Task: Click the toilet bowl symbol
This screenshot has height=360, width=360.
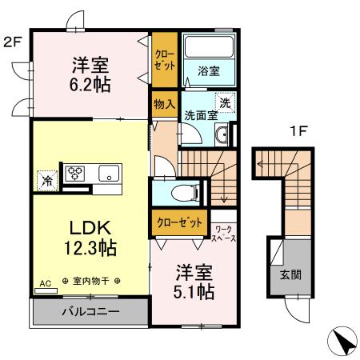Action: [184, 193]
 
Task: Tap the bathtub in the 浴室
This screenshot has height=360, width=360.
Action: [209, 46]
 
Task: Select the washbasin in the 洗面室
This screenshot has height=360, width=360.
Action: [222, 135]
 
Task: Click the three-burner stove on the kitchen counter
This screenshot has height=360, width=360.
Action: [75, 174]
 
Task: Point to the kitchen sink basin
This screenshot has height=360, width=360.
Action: [109, 174]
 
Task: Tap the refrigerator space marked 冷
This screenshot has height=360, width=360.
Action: [47, 181]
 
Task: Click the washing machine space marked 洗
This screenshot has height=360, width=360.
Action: [226, 102]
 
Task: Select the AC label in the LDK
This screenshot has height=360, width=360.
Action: [46, 283]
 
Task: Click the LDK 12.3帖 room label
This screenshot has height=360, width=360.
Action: [90, 238]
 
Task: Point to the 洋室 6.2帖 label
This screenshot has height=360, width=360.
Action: [90, 74]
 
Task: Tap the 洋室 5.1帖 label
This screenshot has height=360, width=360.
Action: [194, 282]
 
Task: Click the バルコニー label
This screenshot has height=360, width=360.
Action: [90, 311]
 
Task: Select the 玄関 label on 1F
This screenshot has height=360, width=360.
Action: [290, 274]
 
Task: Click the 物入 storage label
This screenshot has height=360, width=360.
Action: [165, 104]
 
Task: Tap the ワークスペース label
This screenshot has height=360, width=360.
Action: [223, 234]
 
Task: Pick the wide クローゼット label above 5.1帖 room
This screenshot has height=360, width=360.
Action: [179, 222]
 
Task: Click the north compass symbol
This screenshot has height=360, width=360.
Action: [342, 341]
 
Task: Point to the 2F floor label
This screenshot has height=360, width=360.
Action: [13, 42]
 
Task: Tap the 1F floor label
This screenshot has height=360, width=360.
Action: [298, 131]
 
